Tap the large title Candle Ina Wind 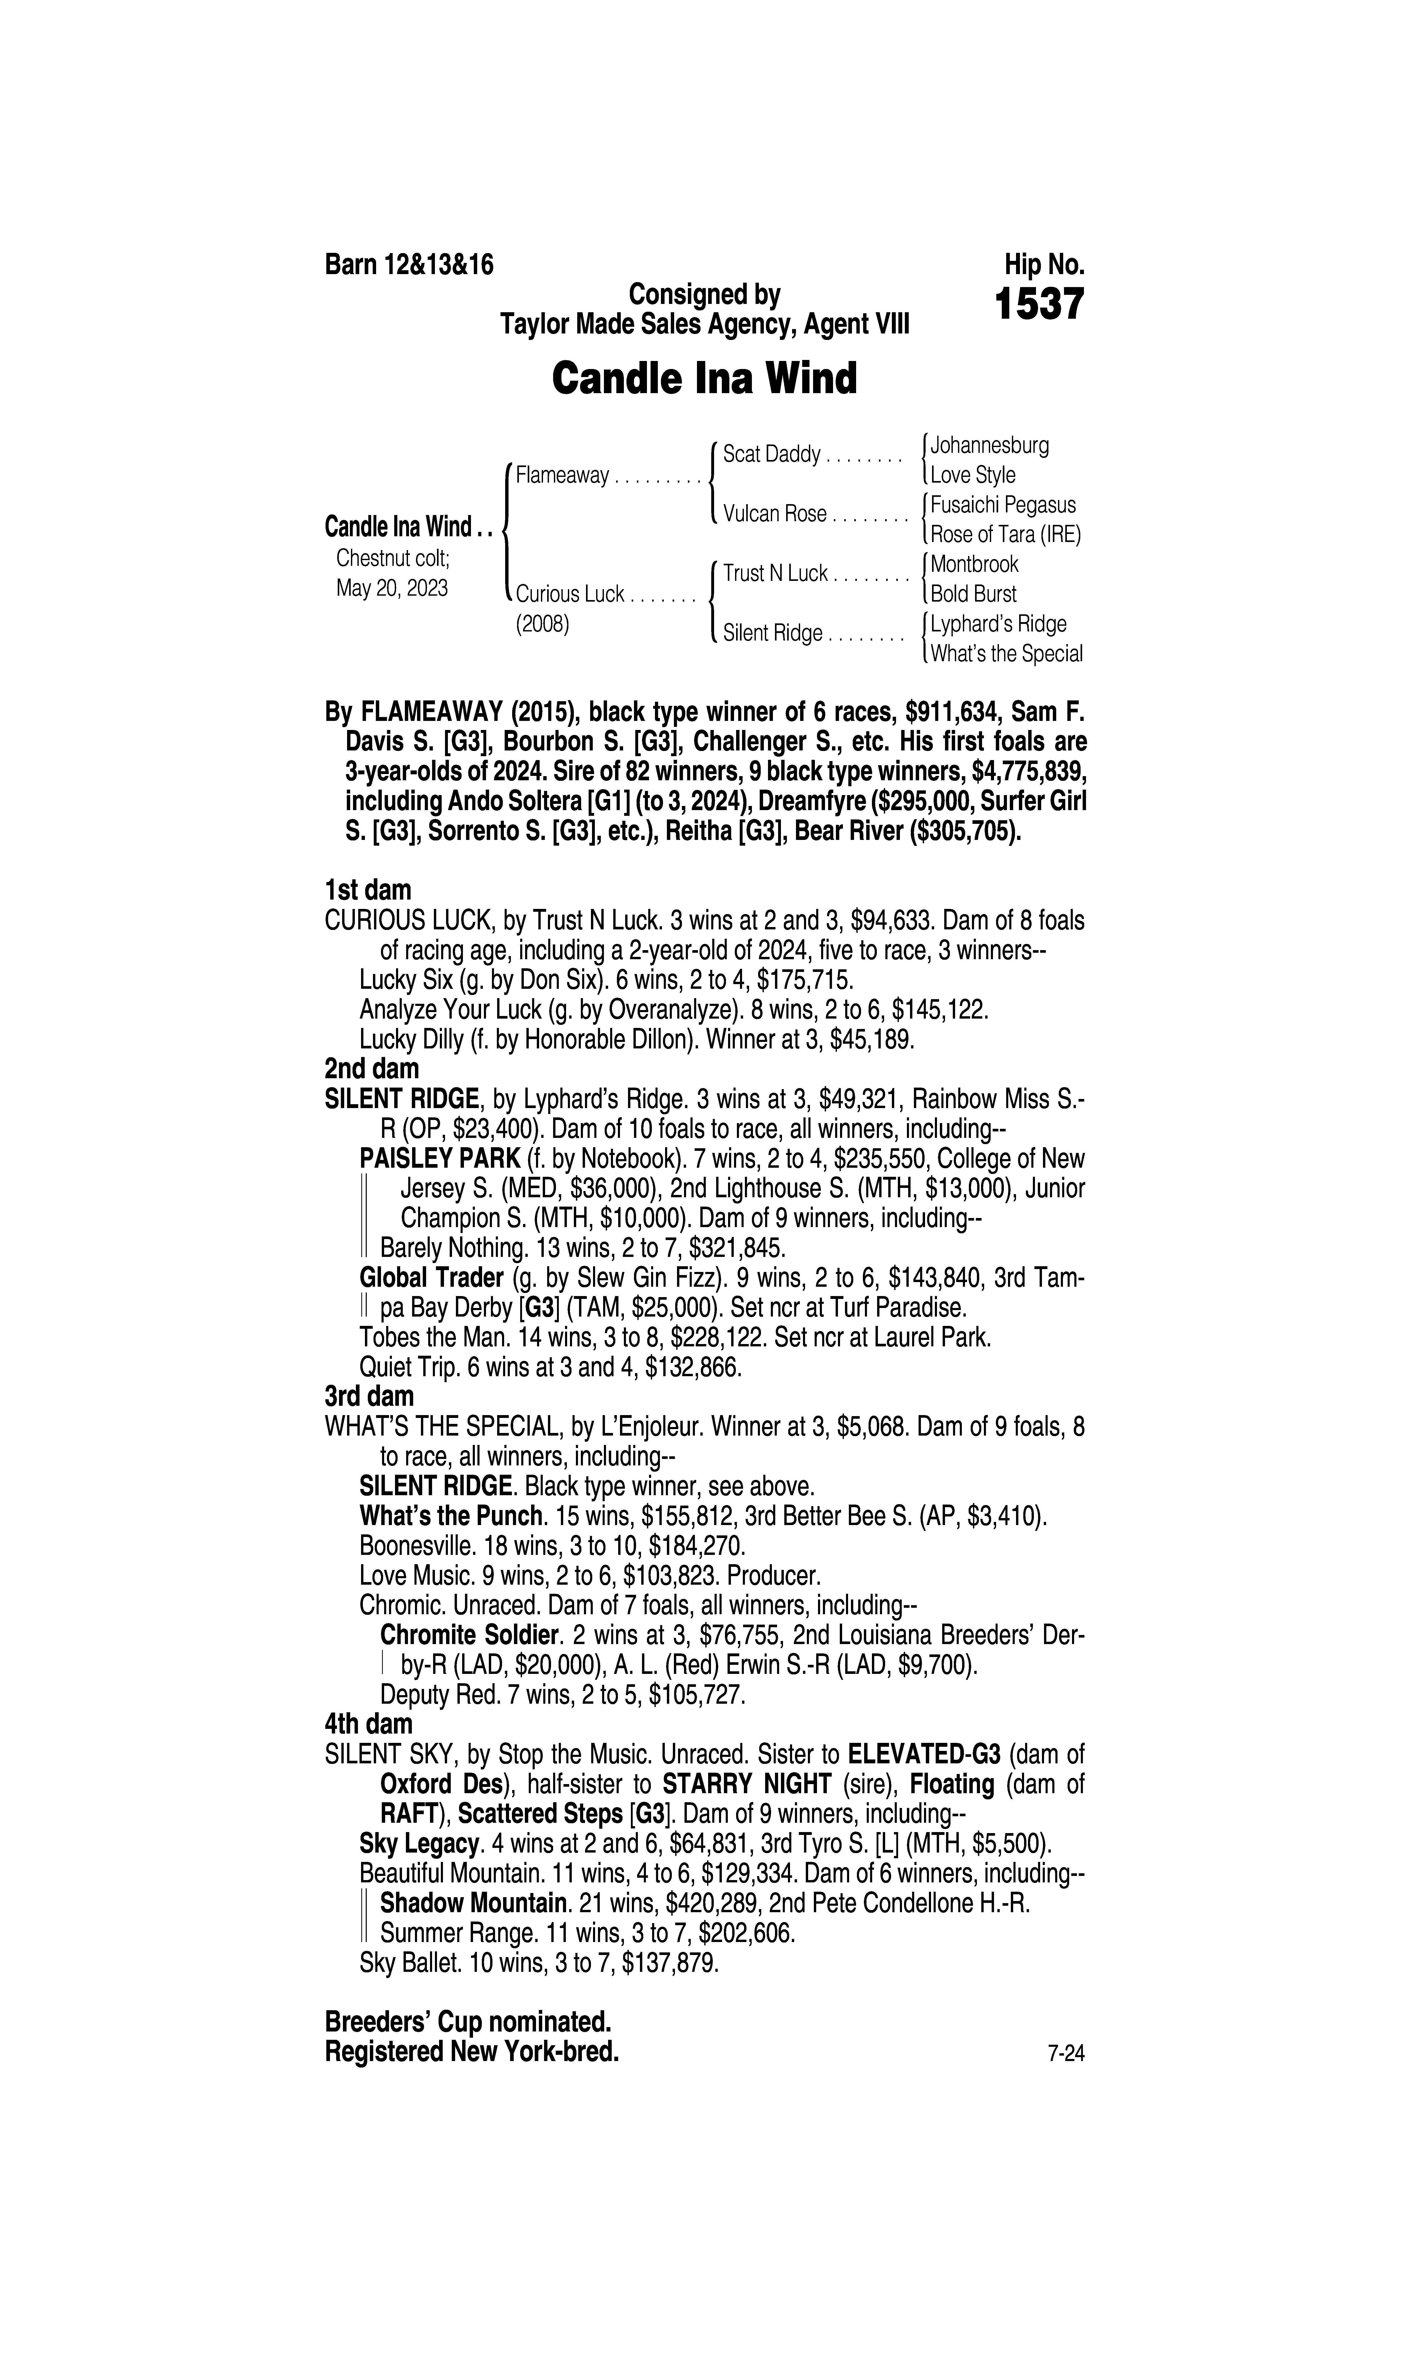click(704, 378)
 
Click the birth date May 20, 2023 click(391, 588)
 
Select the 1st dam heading click(368, 890)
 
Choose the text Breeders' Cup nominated click(468, 2020)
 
